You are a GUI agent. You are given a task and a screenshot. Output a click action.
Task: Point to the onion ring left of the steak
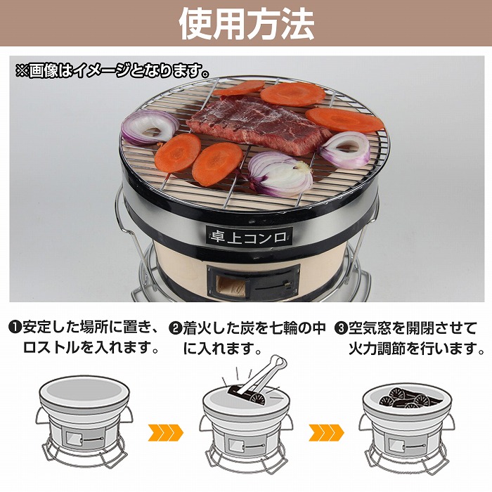pyautogui.click(x=150, y=127)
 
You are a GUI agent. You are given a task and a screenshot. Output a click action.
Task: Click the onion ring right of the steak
pyautogui.click(x=345, y=148)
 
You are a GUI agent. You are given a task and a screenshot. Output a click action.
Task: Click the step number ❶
pyautogui.click(x=15, y=328)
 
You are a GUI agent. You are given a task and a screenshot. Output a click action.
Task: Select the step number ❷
pyautogui.click(x=175, y=328)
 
